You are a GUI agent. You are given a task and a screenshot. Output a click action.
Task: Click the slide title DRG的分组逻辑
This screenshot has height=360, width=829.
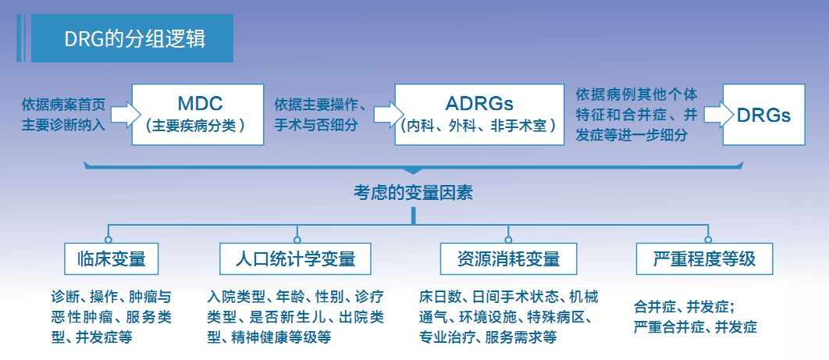(x=134, y=39)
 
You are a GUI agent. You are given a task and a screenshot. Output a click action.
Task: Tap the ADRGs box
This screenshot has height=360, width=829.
(x=479, y=114)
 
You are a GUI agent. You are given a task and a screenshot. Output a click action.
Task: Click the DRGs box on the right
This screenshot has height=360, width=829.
(x=763, y=115)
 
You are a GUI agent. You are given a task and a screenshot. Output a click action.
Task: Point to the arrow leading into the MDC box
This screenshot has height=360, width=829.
(x=121, y=115)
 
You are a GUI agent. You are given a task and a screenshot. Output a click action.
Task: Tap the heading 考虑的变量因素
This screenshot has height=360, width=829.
(x=413, y=192)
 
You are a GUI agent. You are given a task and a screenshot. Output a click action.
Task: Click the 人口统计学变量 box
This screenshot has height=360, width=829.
(x=296, y=258)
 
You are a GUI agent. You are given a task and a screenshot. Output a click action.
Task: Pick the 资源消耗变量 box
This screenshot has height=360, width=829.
(x=508, y=258)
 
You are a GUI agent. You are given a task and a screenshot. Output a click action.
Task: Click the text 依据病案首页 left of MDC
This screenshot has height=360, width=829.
(x=62, y=105)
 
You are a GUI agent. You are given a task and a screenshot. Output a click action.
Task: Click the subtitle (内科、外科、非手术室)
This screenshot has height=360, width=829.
(x=479, y=125)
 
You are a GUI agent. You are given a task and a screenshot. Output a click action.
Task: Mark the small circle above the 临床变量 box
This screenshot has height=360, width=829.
(x=109, y=239)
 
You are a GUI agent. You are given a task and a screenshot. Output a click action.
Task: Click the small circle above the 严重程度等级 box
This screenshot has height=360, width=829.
(x=707, y=239)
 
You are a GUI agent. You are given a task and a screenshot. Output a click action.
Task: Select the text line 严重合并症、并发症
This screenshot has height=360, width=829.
(x=696, y=327)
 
